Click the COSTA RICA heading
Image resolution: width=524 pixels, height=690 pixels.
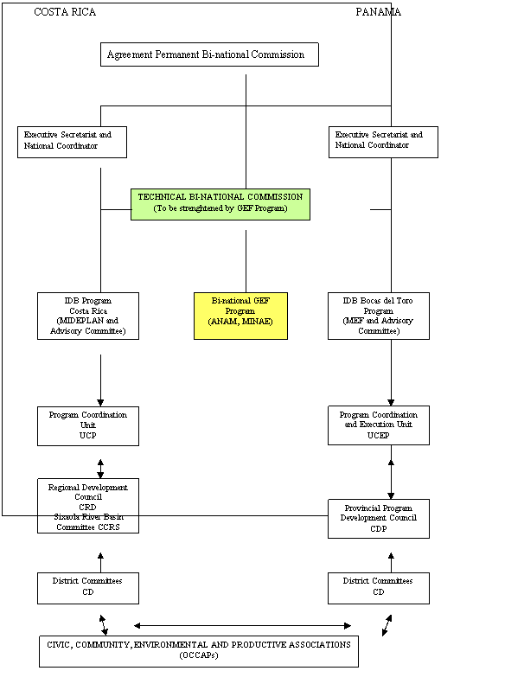[65, 12]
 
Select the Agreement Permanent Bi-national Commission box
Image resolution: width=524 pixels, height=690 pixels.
[209, 54]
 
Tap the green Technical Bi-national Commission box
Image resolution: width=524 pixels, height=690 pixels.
[220, 203]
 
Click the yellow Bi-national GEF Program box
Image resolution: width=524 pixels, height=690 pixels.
[240, 316]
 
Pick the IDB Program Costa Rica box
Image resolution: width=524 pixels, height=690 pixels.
[88, 316]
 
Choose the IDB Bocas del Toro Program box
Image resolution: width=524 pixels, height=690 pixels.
[379, 316]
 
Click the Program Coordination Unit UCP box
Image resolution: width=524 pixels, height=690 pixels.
[88, 425]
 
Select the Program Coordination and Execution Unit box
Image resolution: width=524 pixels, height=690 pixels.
[379, 425]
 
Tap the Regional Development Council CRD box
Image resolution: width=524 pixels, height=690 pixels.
[88, 497]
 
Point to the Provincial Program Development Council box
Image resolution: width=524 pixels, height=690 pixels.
[379, 518]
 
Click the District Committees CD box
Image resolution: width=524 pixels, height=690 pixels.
[379, 587]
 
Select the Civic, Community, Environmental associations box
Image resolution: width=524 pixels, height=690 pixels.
[199, 651]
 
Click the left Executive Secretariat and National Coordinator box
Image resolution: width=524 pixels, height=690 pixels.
[72, 142]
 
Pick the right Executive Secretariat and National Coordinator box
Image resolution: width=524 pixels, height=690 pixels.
[383, 142]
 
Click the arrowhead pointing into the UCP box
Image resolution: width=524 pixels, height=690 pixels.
[100, 402]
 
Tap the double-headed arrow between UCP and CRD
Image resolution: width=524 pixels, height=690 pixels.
[100, 468]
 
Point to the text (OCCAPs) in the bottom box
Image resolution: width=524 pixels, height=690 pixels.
[199, 656]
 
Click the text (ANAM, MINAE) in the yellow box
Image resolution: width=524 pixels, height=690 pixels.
[240, 321]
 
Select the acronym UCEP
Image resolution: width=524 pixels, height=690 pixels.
[379, 436]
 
